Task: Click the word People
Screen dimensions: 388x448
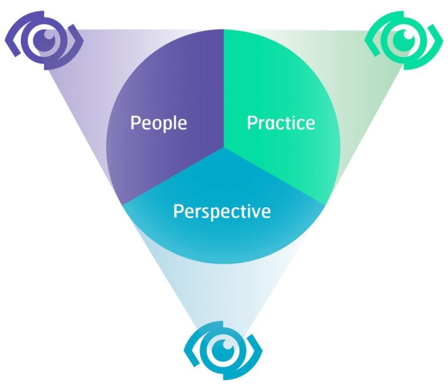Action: click(159, 124)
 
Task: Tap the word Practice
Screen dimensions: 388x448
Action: click(281, 124)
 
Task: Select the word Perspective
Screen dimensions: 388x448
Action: click(222, 211)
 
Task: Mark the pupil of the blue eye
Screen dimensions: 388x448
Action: click(222, 348)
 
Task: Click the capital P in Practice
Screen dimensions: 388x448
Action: click(252, 123)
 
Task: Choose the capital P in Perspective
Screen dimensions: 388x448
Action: click(178, 211)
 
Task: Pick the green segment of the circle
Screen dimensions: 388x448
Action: click(280, 87)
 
